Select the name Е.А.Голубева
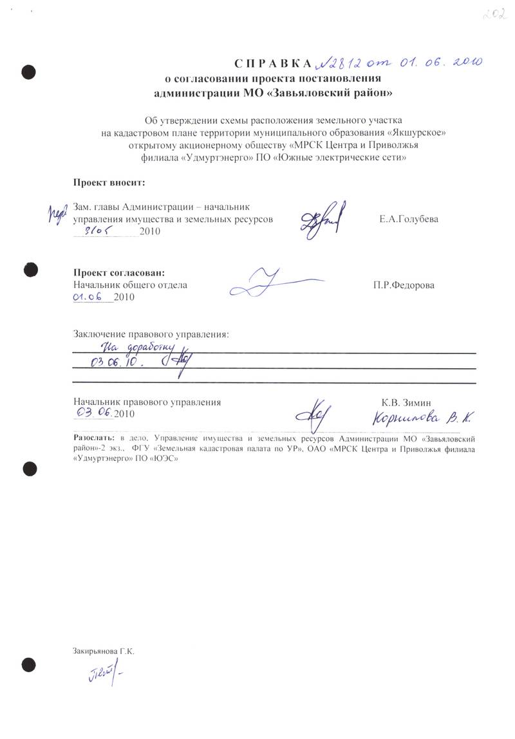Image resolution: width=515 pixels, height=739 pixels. click(409, 219)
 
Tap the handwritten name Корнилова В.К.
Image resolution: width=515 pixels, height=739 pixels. click(421, 418)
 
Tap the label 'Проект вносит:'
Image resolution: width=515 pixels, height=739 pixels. click(109, 183)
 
